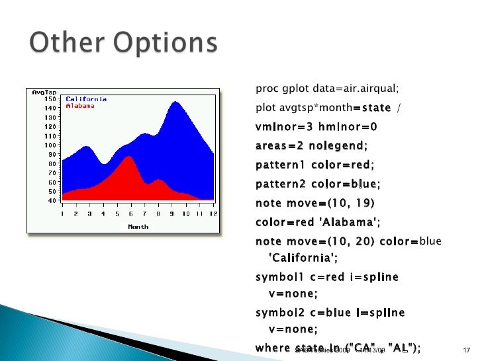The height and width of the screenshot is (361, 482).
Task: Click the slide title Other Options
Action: pyautogui.click(x=123, y=44)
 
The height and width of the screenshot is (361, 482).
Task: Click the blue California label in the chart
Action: pyautogui.click(x=85, y=99)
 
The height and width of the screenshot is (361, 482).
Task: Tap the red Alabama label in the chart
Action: pyautogui.click(x=79, y=105)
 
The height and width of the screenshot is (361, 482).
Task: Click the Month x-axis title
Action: pyautogui.click(x=138, y=226)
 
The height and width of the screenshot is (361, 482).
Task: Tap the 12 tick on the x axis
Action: pyautogui.click(x=213, y=213)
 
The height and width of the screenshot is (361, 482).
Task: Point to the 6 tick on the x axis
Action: pyautogui.click(x=130, y=213)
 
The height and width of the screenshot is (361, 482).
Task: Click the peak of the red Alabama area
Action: pyautogui.click(x=130, y=157)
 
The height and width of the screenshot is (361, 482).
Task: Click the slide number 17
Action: pyautogui.click(x=463, y=350)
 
